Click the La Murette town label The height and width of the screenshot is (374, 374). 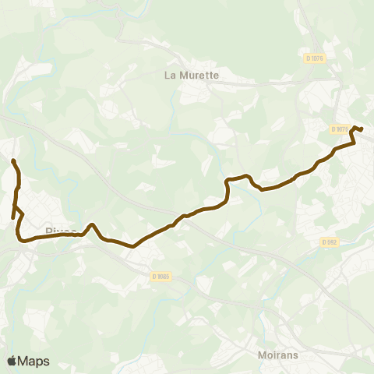(192, 76)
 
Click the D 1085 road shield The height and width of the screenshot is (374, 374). (161, 275)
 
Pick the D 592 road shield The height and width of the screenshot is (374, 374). (330, 242)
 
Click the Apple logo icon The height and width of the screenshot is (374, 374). (12, 361)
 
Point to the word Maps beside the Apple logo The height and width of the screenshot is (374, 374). (34, 361)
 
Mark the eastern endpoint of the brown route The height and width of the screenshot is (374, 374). (362, 129)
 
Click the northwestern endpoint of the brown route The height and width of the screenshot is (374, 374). (13, 161)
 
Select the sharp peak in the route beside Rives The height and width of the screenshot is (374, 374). (92, 225)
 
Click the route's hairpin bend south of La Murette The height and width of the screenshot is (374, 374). (228, 182)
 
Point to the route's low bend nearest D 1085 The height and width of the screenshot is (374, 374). (133, 246)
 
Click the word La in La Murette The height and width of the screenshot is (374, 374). (171, 76)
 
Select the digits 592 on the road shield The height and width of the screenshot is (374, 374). (332, 242)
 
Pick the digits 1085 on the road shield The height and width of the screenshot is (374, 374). (163, 275)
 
